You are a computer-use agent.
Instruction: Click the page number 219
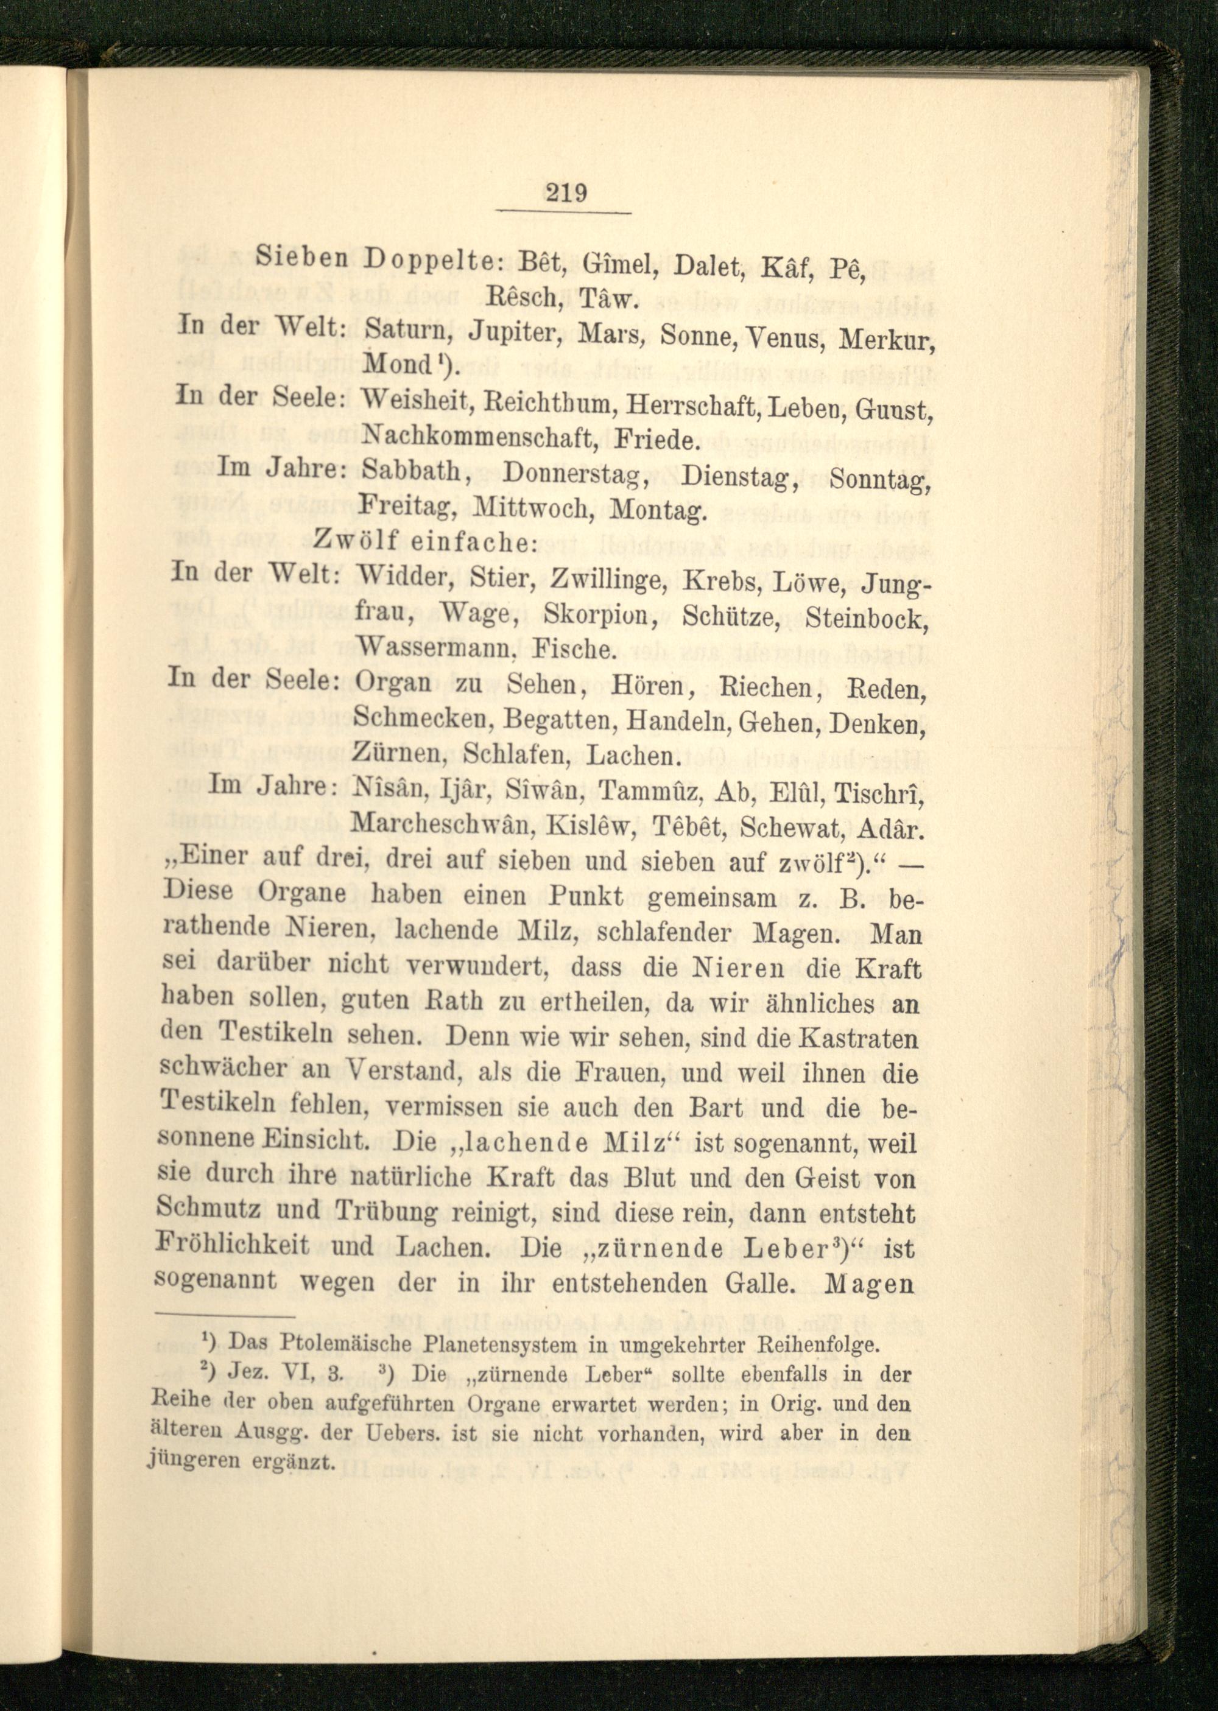(566, 194)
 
